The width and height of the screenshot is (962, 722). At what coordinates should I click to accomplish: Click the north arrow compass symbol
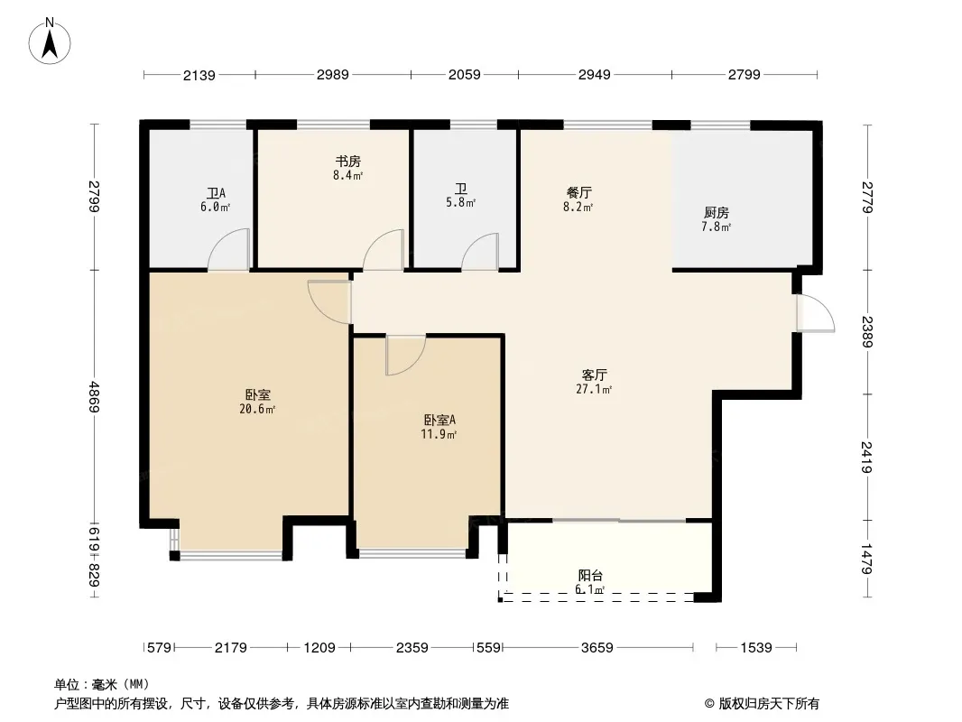click(50, 42)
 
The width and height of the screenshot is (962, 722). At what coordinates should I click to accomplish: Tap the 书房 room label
click(347, 162)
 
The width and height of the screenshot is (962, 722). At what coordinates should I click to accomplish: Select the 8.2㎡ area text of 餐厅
click(578, 208)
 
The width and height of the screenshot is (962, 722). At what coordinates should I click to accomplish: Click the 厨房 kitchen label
click(716, 213)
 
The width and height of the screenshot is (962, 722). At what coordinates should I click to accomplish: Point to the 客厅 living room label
click(594, 375)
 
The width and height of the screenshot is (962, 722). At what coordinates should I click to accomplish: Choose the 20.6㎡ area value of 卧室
click(257, 409)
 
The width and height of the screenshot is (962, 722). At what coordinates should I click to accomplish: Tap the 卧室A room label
click(439, 421)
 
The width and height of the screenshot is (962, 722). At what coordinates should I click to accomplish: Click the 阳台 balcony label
click(590, 576)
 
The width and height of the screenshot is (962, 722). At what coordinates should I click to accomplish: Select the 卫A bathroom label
click(216, 194)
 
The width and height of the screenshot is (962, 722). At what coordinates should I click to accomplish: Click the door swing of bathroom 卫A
click(229, 249)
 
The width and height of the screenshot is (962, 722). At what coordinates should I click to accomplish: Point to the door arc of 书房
click(384, 250)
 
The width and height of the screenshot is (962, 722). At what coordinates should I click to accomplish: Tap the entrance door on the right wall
click(816, 313)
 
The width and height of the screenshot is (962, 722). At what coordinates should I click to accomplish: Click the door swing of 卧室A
click(405, 356)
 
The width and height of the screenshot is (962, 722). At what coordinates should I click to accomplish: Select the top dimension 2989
click(332, 75)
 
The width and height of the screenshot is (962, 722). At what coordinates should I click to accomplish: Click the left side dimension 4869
click(94, 396)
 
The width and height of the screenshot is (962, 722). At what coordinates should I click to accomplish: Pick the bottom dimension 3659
click(597, 648)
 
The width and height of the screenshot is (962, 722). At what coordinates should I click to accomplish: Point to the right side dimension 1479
click(866, 560)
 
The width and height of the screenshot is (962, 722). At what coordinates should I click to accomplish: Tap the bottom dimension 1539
click(756, 648)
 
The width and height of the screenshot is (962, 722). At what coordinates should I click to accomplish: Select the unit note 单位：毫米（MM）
click(102, 684)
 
